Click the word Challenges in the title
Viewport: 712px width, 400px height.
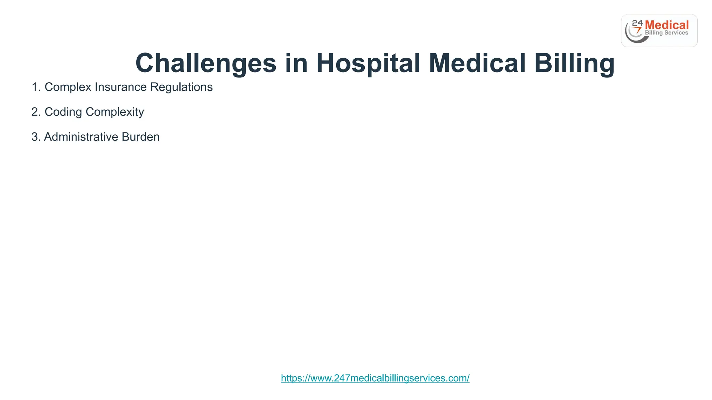tap(206, 63)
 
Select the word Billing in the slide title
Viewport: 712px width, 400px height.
tap(574, 63)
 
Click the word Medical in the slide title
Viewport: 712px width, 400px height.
tap(477, 63)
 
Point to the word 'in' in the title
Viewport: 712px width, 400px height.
tap(296, 63)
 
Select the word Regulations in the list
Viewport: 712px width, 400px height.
tap(181, 87)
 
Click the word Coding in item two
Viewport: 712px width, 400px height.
tap(63, 112)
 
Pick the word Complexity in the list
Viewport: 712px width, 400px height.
tap(115, 112)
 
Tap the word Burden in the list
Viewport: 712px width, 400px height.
tap(140, 137)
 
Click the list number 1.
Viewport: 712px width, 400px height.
tap(35, 87)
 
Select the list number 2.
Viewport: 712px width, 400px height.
tap(35, 112)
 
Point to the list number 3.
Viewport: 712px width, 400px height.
tap(35, 137)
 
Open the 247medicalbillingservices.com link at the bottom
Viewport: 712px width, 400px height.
tap(375, 378)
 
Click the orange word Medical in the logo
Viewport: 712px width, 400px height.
tap(666, 25)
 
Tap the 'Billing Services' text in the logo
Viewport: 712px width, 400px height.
tap(666, 33)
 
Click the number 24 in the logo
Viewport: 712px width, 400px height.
tap(637, 23)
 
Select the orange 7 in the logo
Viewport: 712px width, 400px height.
tap(638, 31)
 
